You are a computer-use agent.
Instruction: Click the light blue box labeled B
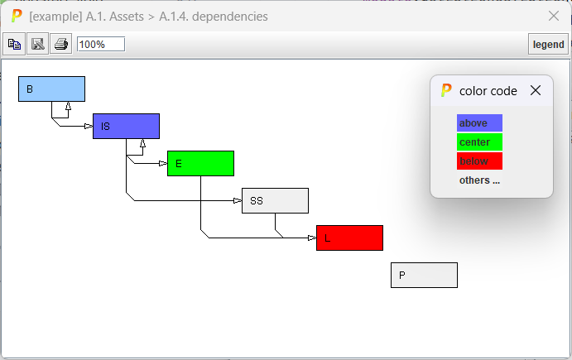51,89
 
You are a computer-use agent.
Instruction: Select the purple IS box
126,126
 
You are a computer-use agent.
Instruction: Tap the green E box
200,163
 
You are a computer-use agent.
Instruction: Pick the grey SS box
275,200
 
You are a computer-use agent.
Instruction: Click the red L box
349,238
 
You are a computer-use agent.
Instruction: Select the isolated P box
424,275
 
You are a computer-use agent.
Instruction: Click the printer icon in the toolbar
61,44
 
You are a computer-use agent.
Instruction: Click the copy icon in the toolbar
14,44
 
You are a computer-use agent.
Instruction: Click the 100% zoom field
101,44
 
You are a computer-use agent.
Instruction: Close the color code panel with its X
535,90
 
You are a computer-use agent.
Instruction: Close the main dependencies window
554,16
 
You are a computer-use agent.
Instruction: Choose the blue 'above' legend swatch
479,123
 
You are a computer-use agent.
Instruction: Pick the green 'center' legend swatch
479,142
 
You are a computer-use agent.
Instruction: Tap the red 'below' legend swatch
479,161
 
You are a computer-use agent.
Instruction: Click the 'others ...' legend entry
479,180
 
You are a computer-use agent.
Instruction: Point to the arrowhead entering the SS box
238,200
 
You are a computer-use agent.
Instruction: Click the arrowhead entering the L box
312,238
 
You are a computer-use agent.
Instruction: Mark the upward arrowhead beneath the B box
68,106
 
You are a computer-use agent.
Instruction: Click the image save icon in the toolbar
37,44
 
